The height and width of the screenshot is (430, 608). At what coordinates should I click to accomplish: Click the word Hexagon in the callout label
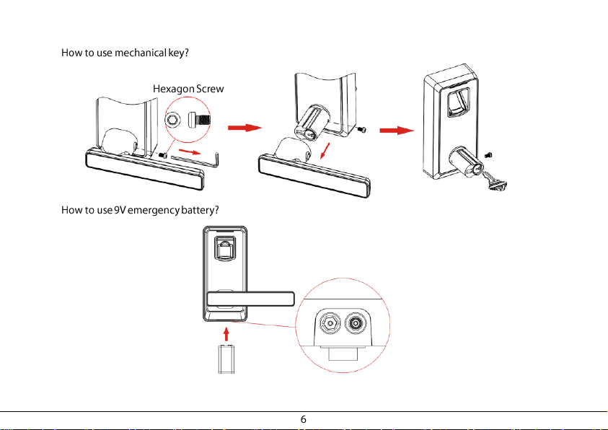[x=173, y=89]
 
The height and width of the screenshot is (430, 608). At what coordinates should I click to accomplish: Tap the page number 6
[x=303, y=419]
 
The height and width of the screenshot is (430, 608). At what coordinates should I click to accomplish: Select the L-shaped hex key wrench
[x=195, y=159]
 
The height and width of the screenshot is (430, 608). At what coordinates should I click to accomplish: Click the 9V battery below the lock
[x=226, y=359]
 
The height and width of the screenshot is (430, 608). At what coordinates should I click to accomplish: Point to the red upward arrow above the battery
[x=226, y=334]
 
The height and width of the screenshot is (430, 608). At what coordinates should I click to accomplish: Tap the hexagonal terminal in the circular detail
[x=330, y=322]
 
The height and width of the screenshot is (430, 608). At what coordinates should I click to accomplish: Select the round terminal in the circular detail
[x=355, y=322]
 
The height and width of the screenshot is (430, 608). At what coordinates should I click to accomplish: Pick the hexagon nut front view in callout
[x=173, y=120]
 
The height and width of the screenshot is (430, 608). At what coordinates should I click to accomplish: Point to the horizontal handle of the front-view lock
[x=250, y=299]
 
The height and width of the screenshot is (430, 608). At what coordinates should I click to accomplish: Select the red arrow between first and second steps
[x=244, y=128]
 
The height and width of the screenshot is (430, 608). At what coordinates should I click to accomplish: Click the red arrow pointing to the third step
[x=397, y=131]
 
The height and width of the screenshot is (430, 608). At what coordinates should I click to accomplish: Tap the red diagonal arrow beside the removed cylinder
[x=325, y=151]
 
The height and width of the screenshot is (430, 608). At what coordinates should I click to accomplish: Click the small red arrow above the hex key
[x=190, y=152]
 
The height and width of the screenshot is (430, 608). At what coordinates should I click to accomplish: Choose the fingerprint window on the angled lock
[x=458, y=102]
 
